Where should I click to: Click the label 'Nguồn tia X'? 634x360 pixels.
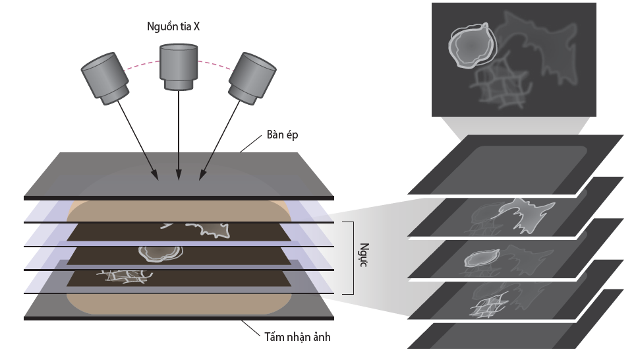(x=173, y=27)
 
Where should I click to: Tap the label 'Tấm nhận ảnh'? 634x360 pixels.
(x=293, y=337)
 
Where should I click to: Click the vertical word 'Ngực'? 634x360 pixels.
(x=361, y=258)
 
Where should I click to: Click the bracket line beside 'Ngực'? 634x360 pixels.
(x=353, y=258)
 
